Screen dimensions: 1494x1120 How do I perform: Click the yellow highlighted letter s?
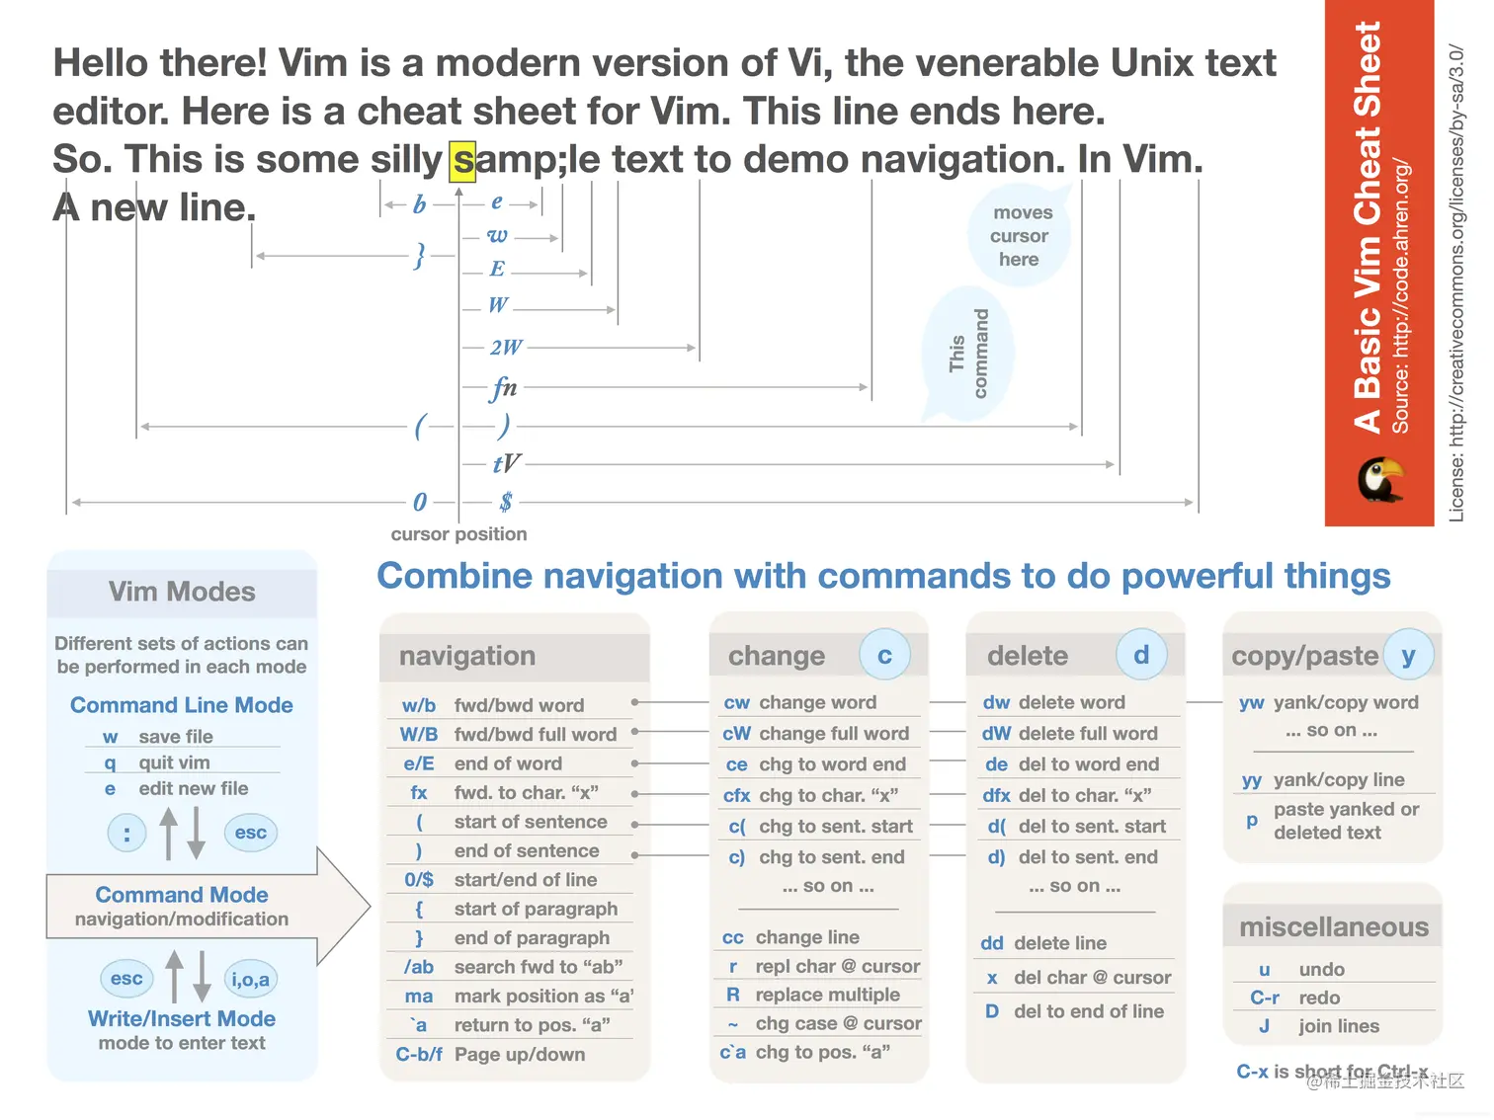click(462, 161)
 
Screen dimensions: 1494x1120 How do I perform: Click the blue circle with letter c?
click(884, 655)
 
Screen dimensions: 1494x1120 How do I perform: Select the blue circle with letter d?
click(1141, 655)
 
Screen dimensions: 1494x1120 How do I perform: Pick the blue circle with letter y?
click(1408, 655)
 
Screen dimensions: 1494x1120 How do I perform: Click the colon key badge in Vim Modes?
click(126, 834)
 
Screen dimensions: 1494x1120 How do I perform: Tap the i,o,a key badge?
click(250, 979)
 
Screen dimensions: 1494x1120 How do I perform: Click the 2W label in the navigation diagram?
click(506, 348)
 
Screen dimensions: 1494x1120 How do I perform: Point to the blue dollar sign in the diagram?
click(506, 502)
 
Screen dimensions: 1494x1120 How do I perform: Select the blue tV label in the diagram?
click(506, 463)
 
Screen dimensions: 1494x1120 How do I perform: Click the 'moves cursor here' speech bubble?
click(1021, 236)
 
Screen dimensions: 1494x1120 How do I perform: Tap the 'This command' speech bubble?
click(968, 353)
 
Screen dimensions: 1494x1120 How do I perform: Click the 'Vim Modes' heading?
click(182, 592)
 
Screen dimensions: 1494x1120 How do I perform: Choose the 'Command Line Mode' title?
click(182, 705)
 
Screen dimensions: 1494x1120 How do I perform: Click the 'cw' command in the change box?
click(737, 702)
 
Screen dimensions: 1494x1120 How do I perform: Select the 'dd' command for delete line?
click(992, 943)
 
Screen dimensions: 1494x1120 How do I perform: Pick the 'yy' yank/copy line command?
click(1252, 780)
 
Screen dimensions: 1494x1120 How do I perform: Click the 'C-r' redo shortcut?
click(1265, 998)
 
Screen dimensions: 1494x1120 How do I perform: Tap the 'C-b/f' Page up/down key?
click(419, 1055)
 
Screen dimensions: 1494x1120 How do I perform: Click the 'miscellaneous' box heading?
click(1334, 926)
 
